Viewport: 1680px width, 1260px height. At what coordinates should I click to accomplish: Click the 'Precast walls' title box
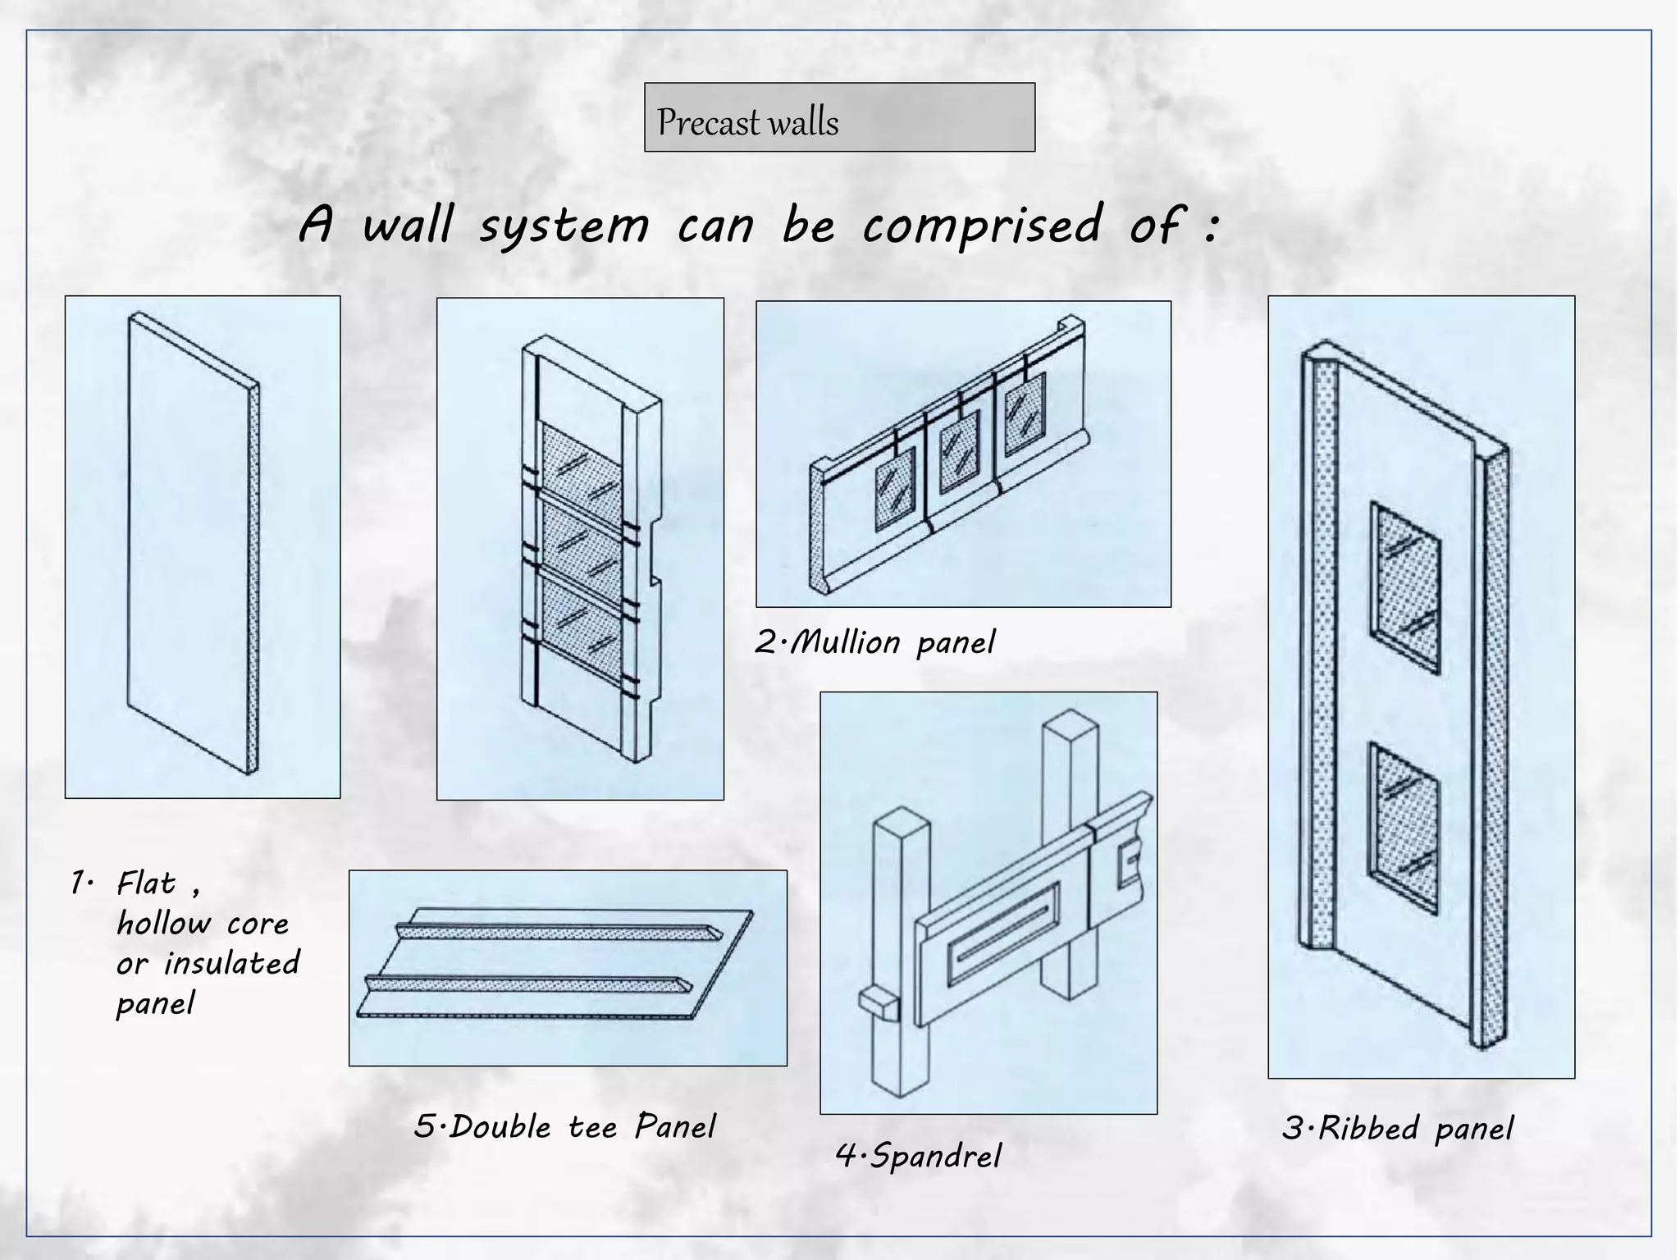[x=839, y=117]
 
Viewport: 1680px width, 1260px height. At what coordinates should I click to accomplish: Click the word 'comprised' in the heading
[x=981, y=226]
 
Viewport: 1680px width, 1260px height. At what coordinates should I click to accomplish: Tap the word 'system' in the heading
[x=564, y=226]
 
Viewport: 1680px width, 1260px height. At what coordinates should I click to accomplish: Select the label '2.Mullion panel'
[x=874, y=642]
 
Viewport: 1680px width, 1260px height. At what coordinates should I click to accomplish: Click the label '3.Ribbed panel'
[x=1397, y=1129]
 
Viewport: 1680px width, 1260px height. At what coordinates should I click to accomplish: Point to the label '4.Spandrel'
[x=919, y=1157]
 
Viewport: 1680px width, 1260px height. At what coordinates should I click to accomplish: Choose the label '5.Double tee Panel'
[x=564, y=1127]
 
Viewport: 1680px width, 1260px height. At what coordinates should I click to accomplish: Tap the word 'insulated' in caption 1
[x=231, y=963]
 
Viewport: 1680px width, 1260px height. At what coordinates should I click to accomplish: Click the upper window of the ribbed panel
[x=1406, y=587]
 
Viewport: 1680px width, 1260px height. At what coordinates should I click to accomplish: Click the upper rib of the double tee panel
[x=558, y=931]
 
